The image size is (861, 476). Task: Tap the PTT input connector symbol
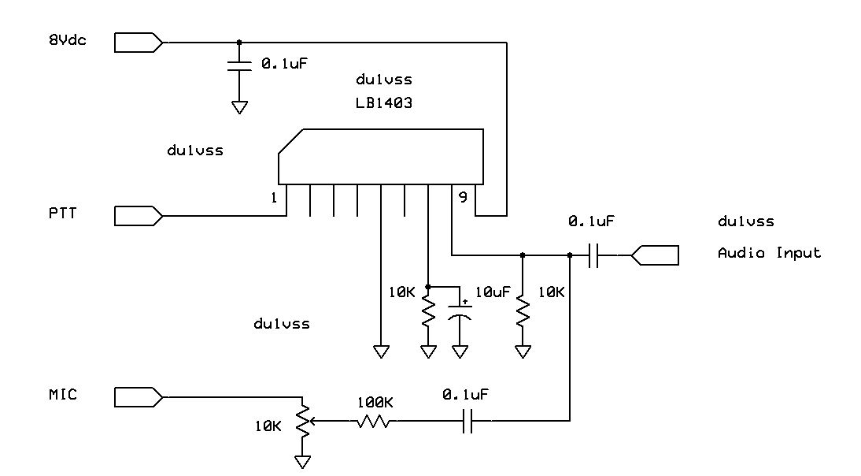(139, 214)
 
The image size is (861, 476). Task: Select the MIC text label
(62, 394)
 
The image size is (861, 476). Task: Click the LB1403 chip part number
(385, 102)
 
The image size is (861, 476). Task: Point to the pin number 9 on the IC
(463, 198)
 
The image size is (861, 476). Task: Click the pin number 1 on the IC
(273, 198)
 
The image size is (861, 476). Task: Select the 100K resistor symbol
(375, 422)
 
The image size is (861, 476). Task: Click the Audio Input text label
(769, 253)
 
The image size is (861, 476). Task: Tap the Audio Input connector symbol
(655, 255)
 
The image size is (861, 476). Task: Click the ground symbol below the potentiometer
(302, 462)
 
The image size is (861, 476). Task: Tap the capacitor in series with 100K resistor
(467, 422)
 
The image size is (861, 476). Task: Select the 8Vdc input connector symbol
(139, 42)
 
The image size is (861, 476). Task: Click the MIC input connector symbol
(139, 395)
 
